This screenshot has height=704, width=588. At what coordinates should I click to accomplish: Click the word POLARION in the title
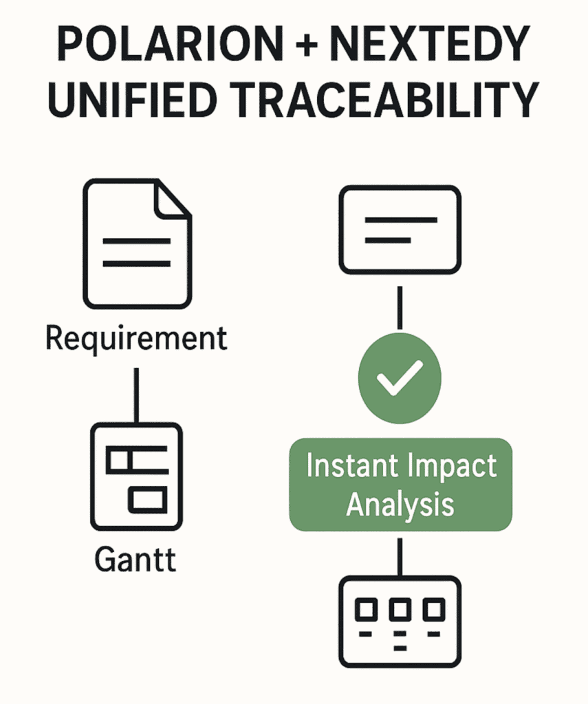pos(170,43)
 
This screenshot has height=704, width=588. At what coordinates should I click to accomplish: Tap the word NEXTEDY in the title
pos(430,43)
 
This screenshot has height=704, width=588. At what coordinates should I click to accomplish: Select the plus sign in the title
pos(307,45)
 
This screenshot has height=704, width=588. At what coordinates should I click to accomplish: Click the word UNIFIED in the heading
pos(132,99)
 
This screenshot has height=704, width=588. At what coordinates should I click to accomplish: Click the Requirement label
pos(136,339)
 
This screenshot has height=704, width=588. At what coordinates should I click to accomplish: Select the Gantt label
pos(135,559)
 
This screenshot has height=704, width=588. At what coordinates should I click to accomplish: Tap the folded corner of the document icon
pos(173,199)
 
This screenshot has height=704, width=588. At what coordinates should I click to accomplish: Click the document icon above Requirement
pos(138,244)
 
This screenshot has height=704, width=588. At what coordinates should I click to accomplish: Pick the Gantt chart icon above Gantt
pos(137,476)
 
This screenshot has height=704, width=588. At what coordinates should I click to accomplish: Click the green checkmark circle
pos(400,378)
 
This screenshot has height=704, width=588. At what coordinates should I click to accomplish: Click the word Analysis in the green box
pos(400,505)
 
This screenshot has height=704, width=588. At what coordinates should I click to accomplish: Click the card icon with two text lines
pos(400,230)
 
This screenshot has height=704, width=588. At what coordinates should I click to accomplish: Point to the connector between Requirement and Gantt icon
pos(137,395)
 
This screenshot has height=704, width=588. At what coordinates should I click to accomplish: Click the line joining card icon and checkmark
pos(400,308)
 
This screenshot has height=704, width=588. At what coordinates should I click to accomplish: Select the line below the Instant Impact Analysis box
pos(400,557)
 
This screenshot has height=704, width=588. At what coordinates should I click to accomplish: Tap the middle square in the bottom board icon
pos(400,610)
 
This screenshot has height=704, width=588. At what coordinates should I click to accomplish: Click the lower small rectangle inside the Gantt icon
pos(147,500)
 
